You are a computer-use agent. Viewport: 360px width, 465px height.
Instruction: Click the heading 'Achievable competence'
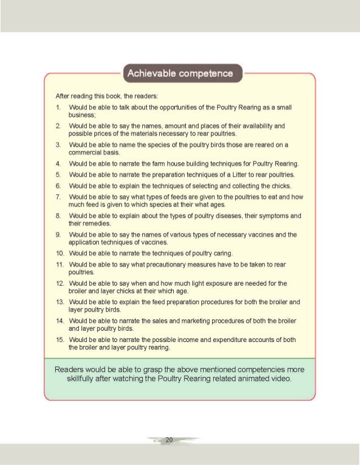[181, 73]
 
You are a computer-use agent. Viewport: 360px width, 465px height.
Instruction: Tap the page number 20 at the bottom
[169, 440]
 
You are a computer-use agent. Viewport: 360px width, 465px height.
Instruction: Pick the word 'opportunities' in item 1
[160, 107]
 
